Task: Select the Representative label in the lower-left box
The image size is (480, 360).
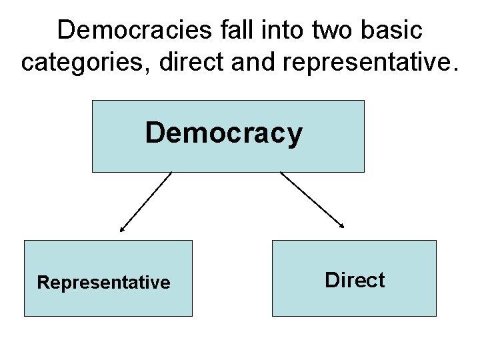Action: (x=104, y=283)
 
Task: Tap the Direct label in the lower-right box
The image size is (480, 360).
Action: (x=355, y=280)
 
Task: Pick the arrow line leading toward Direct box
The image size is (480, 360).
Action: (x=311, y=200)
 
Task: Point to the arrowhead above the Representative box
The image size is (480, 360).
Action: (x=121, y=230)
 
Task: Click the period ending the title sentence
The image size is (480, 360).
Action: (x=455, y=69)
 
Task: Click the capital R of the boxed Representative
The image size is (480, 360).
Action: (x=43, y=283)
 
